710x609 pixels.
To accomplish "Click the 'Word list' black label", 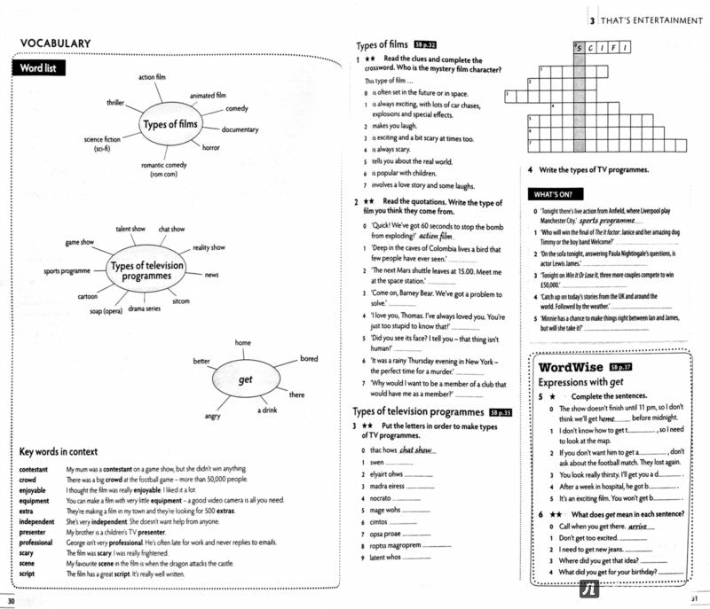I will click(x=38, y=67).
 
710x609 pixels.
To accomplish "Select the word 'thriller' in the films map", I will click(x=115, y=103).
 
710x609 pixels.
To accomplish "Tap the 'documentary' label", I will click(x=240, y=129).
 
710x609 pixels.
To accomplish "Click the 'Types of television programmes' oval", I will click(x=146, y=270).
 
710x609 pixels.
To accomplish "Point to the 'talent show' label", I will click(x=130, y=229).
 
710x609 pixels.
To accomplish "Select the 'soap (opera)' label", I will click(x=106, y=311).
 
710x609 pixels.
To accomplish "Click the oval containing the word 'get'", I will click(x=246, y=379).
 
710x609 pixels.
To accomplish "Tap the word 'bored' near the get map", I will click(x=308, y=359).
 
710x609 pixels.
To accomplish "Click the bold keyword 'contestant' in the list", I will click(x=34, y=468).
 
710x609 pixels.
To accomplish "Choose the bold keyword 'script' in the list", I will click(x=28, y=574).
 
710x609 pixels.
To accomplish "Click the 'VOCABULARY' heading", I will click(x=55, y=43).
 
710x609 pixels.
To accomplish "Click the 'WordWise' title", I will click(x=572, y=368).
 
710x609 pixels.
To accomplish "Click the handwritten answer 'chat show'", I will click(x=415, y=449).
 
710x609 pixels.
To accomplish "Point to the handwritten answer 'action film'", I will click(x=435, y=237).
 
